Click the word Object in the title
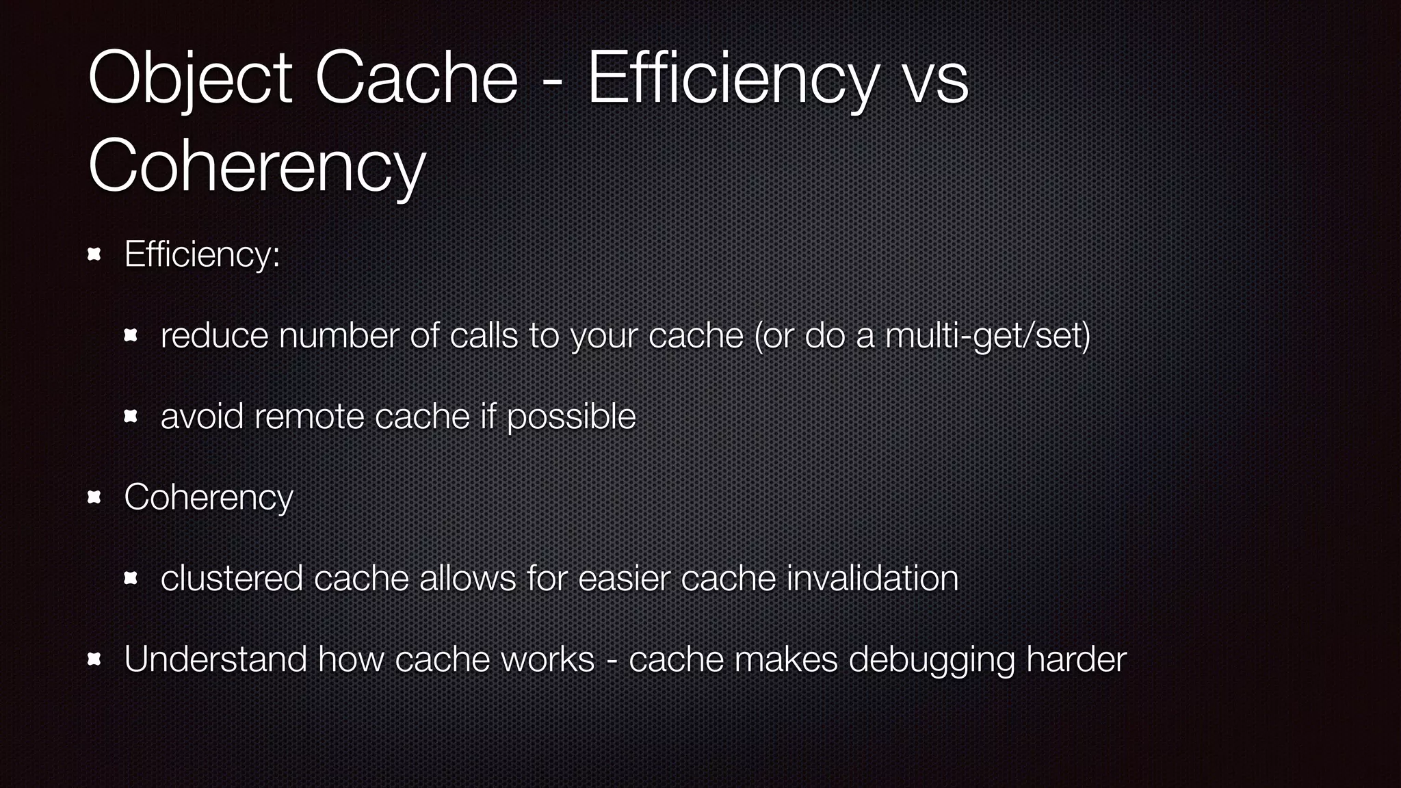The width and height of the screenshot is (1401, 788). [190, 79]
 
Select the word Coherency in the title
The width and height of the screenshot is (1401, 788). [257, 166]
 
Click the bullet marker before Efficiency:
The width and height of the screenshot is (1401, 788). [94, 255]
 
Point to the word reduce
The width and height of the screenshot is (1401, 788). [214, 336]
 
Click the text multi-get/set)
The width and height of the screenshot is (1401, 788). [987, 336]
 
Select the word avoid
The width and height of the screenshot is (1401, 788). [202, 417]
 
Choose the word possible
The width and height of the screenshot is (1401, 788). [571, 417]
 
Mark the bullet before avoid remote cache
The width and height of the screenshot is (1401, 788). [131, 417]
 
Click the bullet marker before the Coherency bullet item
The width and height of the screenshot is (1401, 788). [94, 497]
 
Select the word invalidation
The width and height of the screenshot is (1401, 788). [872, 578]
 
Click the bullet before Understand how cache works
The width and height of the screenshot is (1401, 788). [94, 659]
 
